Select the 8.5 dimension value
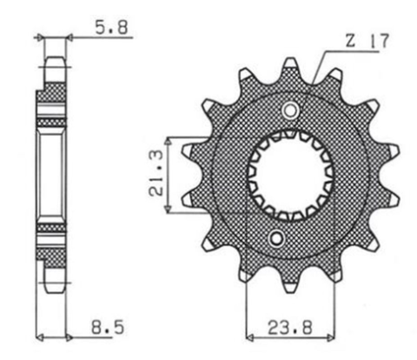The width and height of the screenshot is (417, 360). (105, 331)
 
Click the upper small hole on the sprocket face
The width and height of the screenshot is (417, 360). (289, 110)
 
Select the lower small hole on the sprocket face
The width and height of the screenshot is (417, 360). (277, 238)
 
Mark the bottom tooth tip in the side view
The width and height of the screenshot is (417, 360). (52, 284)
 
